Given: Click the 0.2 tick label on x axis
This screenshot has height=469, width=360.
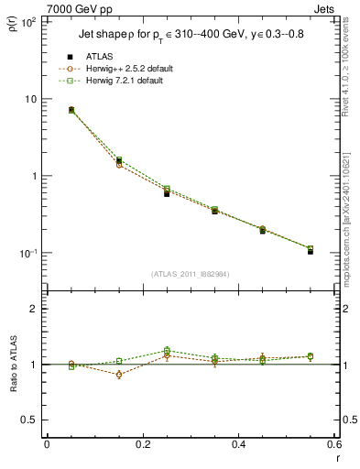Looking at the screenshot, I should click(x=143, y=444).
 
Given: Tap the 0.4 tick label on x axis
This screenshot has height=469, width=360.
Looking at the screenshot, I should click(x=239, y=444).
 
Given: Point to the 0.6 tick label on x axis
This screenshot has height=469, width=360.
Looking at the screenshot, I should click(x=333, y=444).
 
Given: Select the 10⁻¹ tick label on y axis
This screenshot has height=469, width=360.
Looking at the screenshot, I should click(x=27, y=254).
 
